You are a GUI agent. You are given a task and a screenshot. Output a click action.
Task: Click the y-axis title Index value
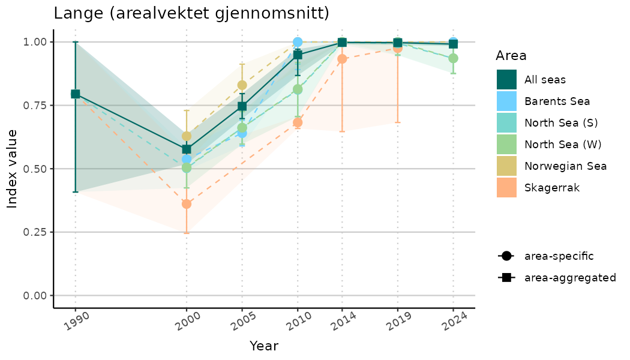click(x=13, y=169)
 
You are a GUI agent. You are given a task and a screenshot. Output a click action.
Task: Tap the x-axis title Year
click(x=264, y=346)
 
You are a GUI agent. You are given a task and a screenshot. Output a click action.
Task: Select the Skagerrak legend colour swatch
click(x=506, y=188)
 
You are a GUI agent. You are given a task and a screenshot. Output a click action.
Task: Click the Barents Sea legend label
click(x=557, y=101)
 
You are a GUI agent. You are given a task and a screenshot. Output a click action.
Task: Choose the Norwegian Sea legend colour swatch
click(x=506, y=166)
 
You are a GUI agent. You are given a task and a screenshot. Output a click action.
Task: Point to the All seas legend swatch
click(x=506, y=79)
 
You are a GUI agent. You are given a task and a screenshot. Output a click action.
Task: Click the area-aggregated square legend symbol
click(x=506, y=278)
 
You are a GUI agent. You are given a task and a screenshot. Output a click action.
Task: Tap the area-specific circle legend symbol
click(x=506, y=256)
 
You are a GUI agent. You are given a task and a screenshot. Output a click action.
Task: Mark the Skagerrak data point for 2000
click(x=187, y=204)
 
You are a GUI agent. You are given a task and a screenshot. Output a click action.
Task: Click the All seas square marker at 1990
click(x=76, y=94)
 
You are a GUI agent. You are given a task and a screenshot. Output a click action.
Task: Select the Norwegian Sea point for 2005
click(x=242, y=85)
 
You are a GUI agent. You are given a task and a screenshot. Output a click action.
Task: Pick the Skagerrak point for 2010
click(x=298, y=122)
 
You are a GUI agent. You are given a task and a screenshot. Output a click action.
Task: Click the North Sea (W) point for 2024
click(x=454, y=58)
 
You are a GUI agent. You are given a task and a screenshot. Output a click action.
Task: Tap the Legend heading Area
click(x=511, y=56)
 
